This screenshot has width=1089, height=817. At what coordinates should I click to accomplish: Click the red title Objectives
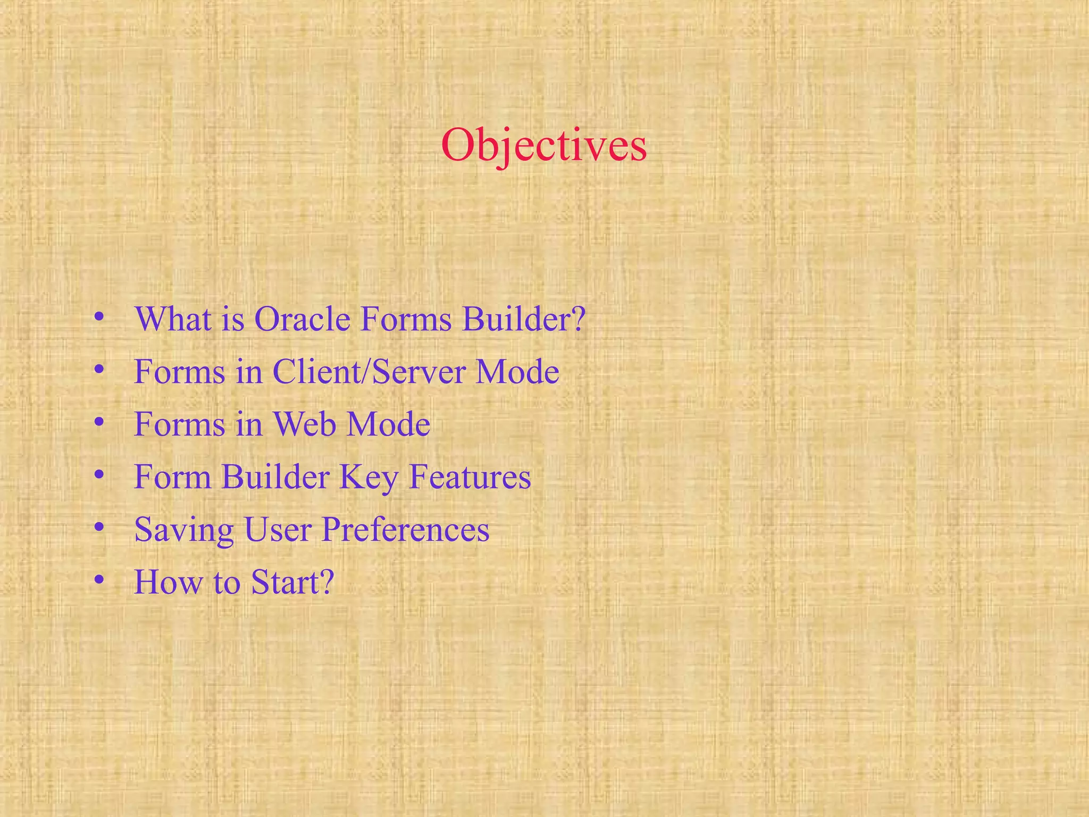point(543,145)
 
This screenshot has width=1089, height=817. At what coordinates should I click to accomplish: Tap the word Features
point(470,477)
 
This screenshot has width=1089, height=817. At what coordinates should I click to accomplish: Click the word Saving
point(184,530)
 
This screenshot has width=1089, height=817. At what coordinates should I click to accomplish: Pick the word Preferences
point(405,530)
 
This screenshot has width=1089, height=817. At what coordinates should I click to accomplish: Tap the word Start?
point(292,582)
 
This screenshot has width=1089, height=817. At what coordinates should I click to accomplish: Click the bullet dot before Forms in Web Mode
point(98,422)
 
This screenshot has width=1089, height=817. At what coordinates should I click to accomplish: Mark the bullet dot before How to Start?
point(98,580)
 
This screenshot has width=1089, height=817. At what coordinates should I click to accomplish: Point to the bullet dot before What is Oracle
point(98,317)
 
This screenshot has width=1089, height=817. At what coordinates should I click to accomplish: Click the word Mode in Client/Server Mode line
point(517,371)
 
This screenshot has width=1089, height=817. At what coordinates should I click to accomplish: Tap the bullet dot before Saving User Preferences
point(98,528)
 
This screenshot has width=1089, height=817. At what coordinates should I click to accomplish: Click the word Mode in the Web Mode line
point(388,424)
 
